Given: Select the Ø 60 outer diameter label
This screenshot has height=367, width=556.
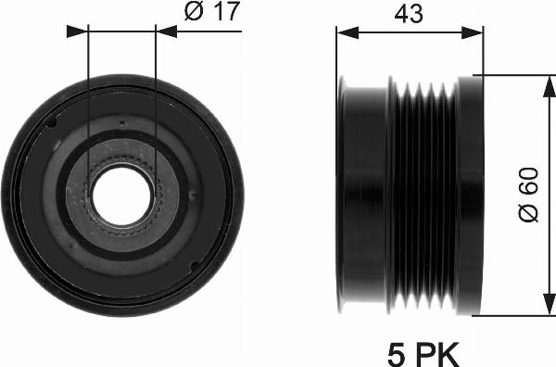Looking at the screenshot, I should click(x=527, y=197).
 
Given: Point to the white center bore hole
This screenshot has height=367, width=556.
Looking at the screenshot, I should click(x=121, y=197).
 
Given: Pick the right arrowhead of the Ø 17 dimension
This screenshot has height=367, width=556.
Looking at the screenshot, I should click(x=164, y=31).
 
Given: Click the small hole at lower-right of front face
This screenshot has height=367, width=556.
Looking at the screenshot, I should click(x=193, y=265).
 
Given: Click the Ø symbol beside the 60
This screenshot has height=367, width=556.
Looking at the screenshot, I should click(x=527, y=214).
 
